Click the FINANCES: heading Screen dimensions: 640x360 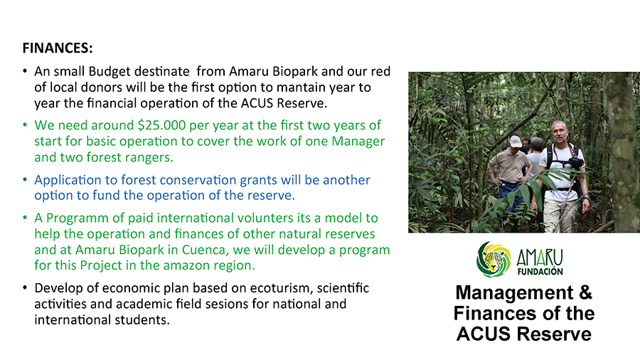tap(58, 48)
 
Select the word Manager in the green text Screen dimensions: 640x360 tap(358, 141)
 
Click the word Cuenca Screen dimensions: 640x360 tap(204, 250)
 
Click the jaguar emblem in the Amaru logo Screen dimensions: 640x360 tap(494, 260)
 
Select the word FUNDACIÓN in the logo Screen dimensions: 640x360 tap(540, 272)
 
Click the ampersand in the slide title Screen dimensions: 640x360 tap(585, 292)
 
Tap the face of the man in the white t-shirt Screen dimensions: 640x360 tap(558, 132)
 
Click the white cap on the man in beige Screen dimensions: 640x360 tap(516, 141)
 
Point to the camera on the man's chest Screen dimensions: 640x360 tap(575, 163)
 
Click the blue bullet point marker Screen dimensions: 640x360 tap(25, 180)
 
